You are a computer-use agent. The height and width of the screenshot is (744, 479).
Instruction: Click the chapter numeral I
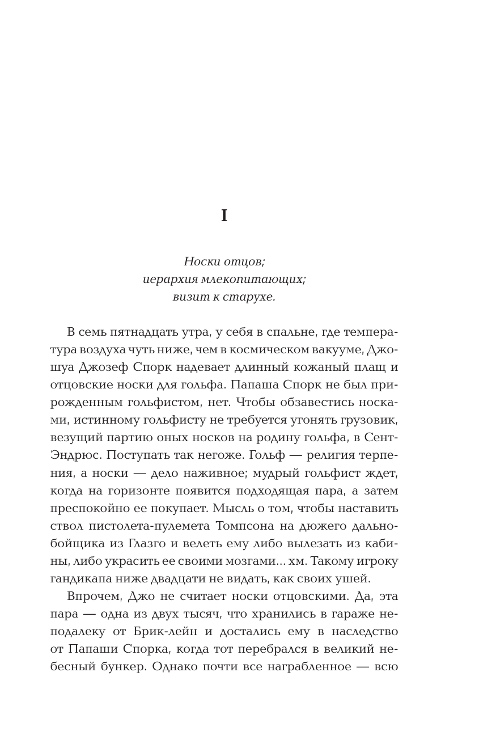pyautogui.click(x=224, y=216)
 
